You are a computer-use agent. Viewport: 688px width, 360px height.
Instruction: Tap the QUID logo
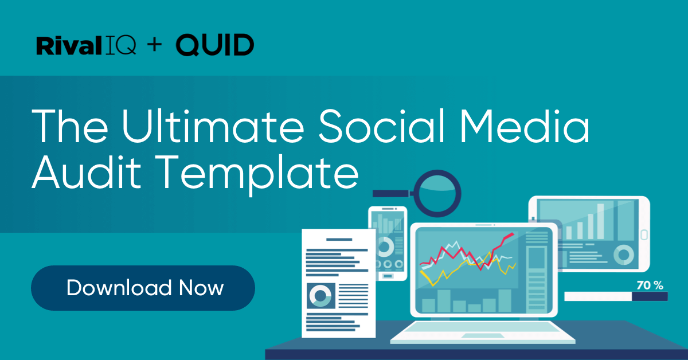click(214, 45)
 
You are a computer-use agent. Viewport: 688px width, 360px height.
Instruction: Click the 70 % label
click(650, 285)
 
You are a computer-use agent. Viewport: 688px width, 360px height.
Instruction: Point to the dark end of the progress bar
click(650, 296)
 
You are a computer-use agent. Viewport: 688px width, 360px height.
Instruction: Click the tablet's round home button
click(644, 234)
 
